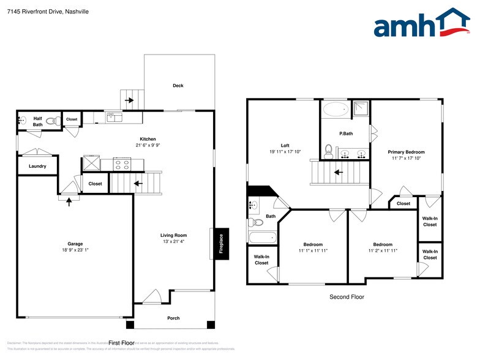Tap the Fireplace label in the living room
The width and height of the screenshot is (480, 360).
[x=221, y=244]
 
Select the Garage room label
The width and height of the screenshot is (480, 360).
[x=75, y=244]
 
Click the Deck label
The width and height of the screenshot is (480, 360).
[x=178, y=86]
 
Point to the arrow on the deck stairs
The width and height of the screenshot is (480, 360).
[x=129, y=100]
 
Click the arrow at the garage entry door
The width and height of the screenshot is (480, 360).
[x=69, y=200]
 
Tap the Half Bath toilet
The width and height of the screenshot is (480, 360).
[x=58, y=120]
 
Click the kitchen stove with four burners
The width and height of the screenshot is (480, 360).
[x=122, y=164]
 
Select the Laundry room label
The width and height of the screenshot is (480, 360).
[x=38, y=166]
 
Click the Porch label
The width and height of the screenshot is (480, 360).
[x=174, y=318]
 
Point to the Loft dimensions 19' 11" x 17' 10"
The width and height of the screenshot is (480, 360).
[x=285, y=151]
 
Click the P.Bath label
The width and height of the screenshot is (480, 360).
[x=346, y=133]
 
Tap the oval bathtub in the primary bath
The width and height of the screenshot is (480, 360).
[x=334, y=111]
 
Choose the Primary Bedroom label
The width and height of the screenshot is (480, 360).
[x=406, y=152]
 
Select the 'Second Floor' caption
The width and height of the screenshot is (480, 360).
[x=347, y=297]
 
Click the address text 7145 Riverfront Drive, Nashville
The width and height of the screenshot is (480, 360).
[x=48, y=11]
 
